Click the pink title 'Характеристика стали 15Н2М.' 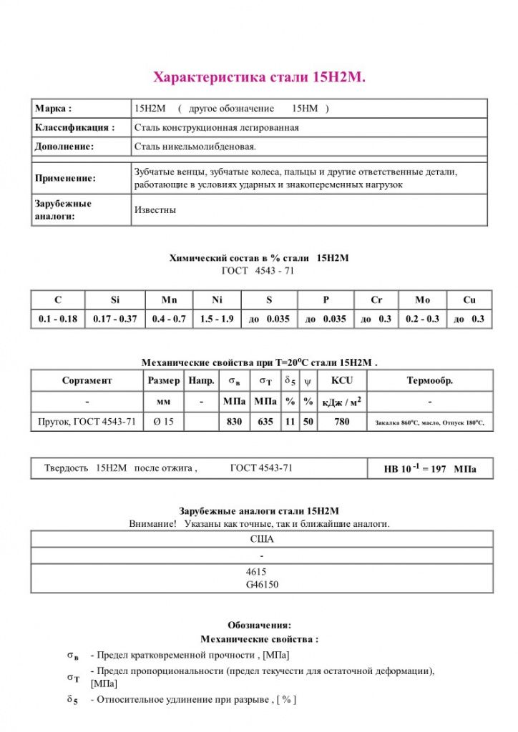(260, 77)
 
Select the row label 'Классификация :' (74, 127)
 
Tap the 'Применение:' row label (65, 178)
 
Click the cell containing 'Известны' (155, 211)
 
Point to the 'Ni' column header (218, 300)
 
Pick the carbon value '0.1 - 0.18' (58, 319)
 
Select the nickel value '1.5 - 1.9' (218, 319)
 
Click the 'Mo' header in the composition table (422, 300)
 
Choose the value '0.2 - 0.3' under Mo (422, 319)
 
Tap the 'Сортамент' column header (87, 381)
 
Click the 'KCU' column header (341, 381)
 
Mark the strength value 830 (235, 422)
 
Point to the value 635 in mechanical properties (265, 422)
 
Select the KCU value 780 (342, 422)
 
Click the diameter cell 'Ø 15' (164, 422)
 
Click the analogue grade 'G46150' (262, 585)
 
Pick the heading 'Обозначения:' (259, 625)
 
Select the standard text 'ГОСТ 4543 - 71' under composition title (258, 271)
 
